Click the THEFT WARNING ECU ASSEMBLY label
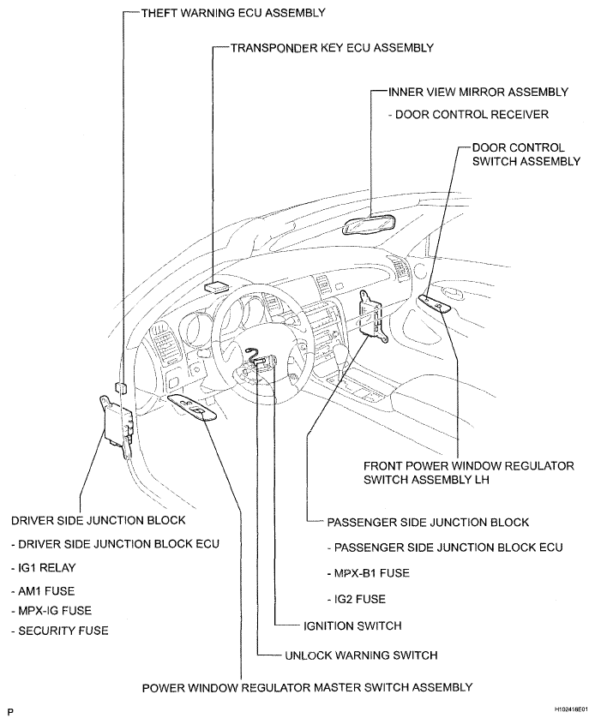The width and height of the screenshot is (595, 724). pos(219,14)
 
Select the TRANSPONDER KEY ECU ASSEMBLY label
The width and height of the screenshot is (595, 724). pos(332,48)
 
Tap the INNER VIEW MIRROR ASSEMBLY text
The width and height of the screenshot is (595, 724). pos(478,93)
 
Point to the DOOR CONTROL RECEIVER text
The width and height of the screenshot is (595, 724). pos(468,115)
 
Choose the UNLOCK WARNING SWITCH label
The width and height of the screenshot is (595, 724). pos(360,655)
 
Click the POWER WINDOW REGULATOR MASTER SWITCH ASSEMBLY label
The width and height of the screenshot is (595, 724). pos(307,687)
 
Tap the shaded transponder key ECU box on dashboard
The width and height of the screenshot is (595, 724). pos(216,285)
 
